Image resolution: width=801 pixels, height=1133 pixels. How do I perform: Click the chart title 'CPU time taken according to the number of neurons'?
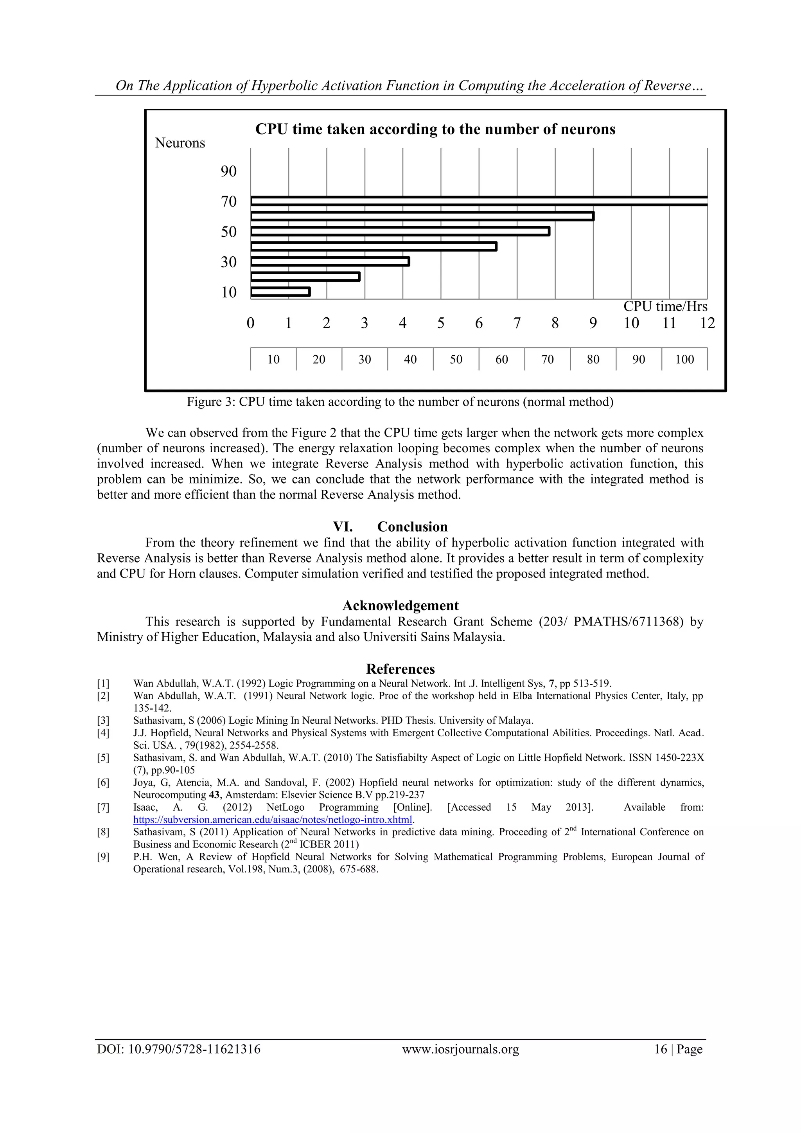click(x=435, y=129)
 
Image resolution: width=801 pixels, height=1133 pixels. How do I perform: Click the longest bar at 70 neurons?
click(x=478, y=201)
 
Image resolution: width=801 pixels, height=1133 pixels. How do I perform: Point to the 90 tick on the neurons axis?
click(x=229, y=171)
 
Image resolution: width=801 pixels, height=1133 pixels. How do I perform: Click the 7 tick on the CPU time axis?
click(x=517, y=323)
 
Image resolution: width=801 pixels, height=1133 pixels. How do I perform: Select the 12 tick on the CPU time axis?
click(x=707, y=323)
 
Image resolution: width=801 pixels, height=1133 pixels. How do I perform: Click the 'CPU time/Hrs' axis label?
click(x=665, y=306)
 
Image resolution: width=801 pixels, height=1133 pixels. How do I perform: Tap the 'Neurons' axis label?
click(x=180, y=143)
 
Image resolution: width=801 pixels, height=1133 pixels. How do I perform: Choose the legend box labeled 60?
click(x=502, y=359)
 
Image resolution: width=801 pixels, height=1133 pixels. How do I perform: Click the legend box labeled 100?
click(x=684, y=359)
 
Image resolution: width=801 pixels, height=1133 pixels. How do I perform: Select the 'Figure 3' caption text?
click(x=399, y=402)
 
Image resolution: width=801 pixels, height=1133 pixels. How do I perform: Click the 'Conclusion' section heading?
click(x=412, y=527)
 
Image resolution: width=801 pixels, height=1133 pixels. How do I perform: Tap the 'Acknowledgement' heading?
click(x=400, y=606)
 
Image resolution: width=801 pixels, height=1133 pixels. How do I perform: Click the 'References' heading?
click(x=400, y=669)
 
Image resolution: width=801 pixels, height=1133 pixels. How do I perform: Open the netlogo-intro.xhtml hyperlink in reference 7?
click(x=272, y=820)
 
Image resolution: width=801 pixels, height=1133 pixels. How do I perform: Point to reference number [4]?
click(x=103, y=733)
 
